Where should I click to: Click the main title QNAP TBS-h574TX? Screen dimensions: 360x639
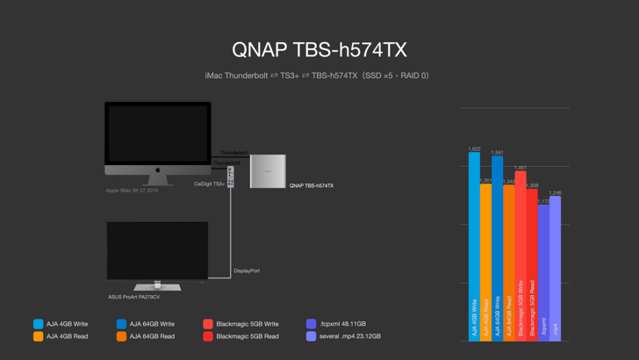click(x=319, y=49)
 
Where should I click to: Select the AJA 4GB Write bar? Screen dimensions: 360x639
click(x=474, y=246)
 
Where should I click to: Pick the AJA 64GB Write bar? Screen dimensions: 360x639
click(x=498, y=246)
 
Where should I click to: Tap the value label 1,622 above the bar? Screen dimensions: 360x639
click(x=474, y=149)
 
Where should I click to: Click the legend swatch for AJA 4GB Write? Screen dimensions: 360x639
click(x=38, y=324)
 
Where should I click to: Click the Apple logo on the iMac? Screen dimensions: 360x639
click(x=158, y=171)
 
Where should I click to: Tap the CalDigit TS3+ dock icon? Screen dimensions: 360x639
click(x=231, y=176)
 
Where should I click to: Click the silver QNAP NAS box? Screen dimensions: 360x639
click(x=268, y=171)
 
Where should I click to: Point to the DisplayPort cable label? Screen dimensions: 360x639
click(x=247, y=270)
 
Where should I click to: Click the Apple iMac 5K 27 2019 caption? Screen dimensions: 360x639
click(x=132, y=191)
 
